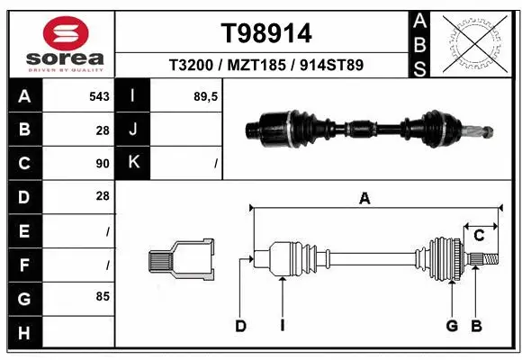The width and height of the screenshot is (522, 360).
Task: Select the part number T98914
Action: (266, 33)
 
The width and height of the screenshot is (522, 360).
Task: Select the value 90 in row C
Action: (102, 163)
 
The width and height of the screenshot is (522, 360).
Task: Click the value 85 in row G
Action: (102, 295)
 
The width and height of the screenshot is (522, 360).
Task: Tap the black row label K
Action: (133, 163)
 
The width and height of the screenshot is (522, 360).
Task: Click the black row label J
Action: (133, 130)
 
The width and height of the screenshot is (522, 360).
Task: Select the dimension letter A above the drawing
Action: (364, 199)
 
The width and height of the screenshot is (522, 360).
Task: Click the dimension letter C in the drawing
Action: (480, 235)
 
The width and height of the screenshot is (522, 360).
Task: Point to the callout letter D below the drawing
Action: (240, 326)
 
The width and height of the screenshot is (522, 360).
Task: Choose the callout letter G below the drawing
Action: (451, 326)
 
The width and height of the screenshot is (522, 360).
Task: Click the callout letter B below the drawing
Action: (477, 326)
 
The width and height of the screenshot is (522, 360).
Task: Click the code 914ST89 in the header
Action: (330, 66)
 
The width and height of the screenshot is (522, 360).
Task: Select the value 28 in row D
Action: (102, 196)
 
